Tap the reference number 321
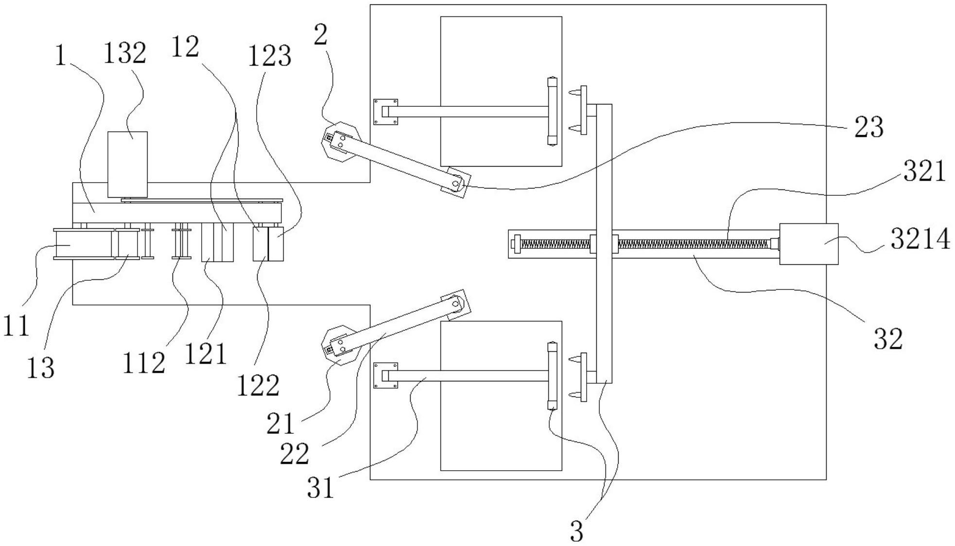(924, 171)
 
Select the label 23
(868, 127)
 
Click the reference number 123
(270, 56)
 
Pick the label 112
(143, 363)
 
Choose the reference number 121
(206, 354)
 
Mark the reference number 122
(258, 386)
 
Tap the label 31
(321, 487)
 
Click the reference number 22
(295, 454)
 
